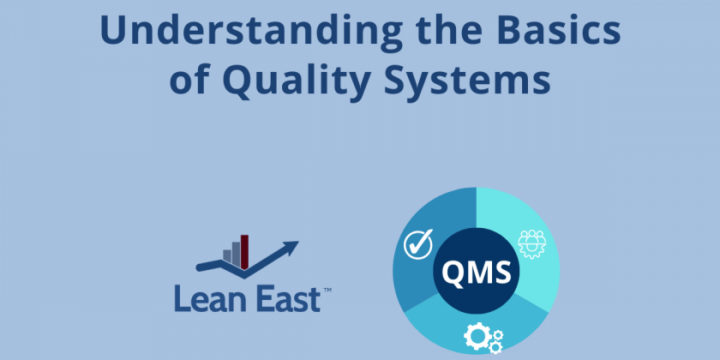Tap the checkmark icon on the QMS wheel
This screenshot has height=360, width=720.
click(x=417, y=245)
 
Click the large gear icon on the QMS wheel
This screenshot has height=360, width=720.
click(x=477, y=337)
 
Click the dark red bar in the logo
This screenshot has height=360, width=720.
click(x=244, y=250)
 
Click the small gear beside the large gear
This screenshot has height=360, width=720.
click(x=495, y=346)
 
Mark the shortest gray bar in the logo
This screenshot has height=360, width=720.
click(x=228, y=256)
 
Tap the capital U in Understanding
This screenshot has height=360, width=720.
click(x=112, y=32)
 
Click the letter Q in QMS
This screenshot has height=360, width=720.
click(x=454, y=273)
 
